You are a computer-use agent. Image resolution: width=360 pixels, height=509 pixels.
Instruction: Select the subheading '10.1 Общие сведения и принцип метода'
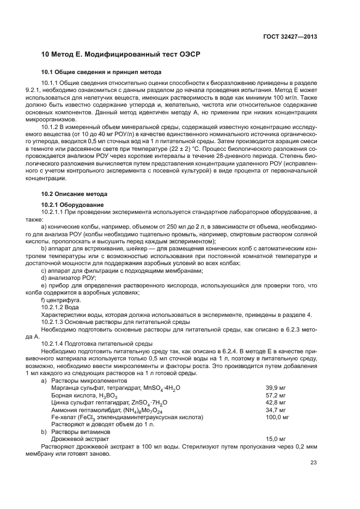pos(101,72)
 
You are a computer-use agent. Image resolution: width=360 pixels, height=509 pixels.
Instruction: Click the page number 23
pos(313,463)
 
